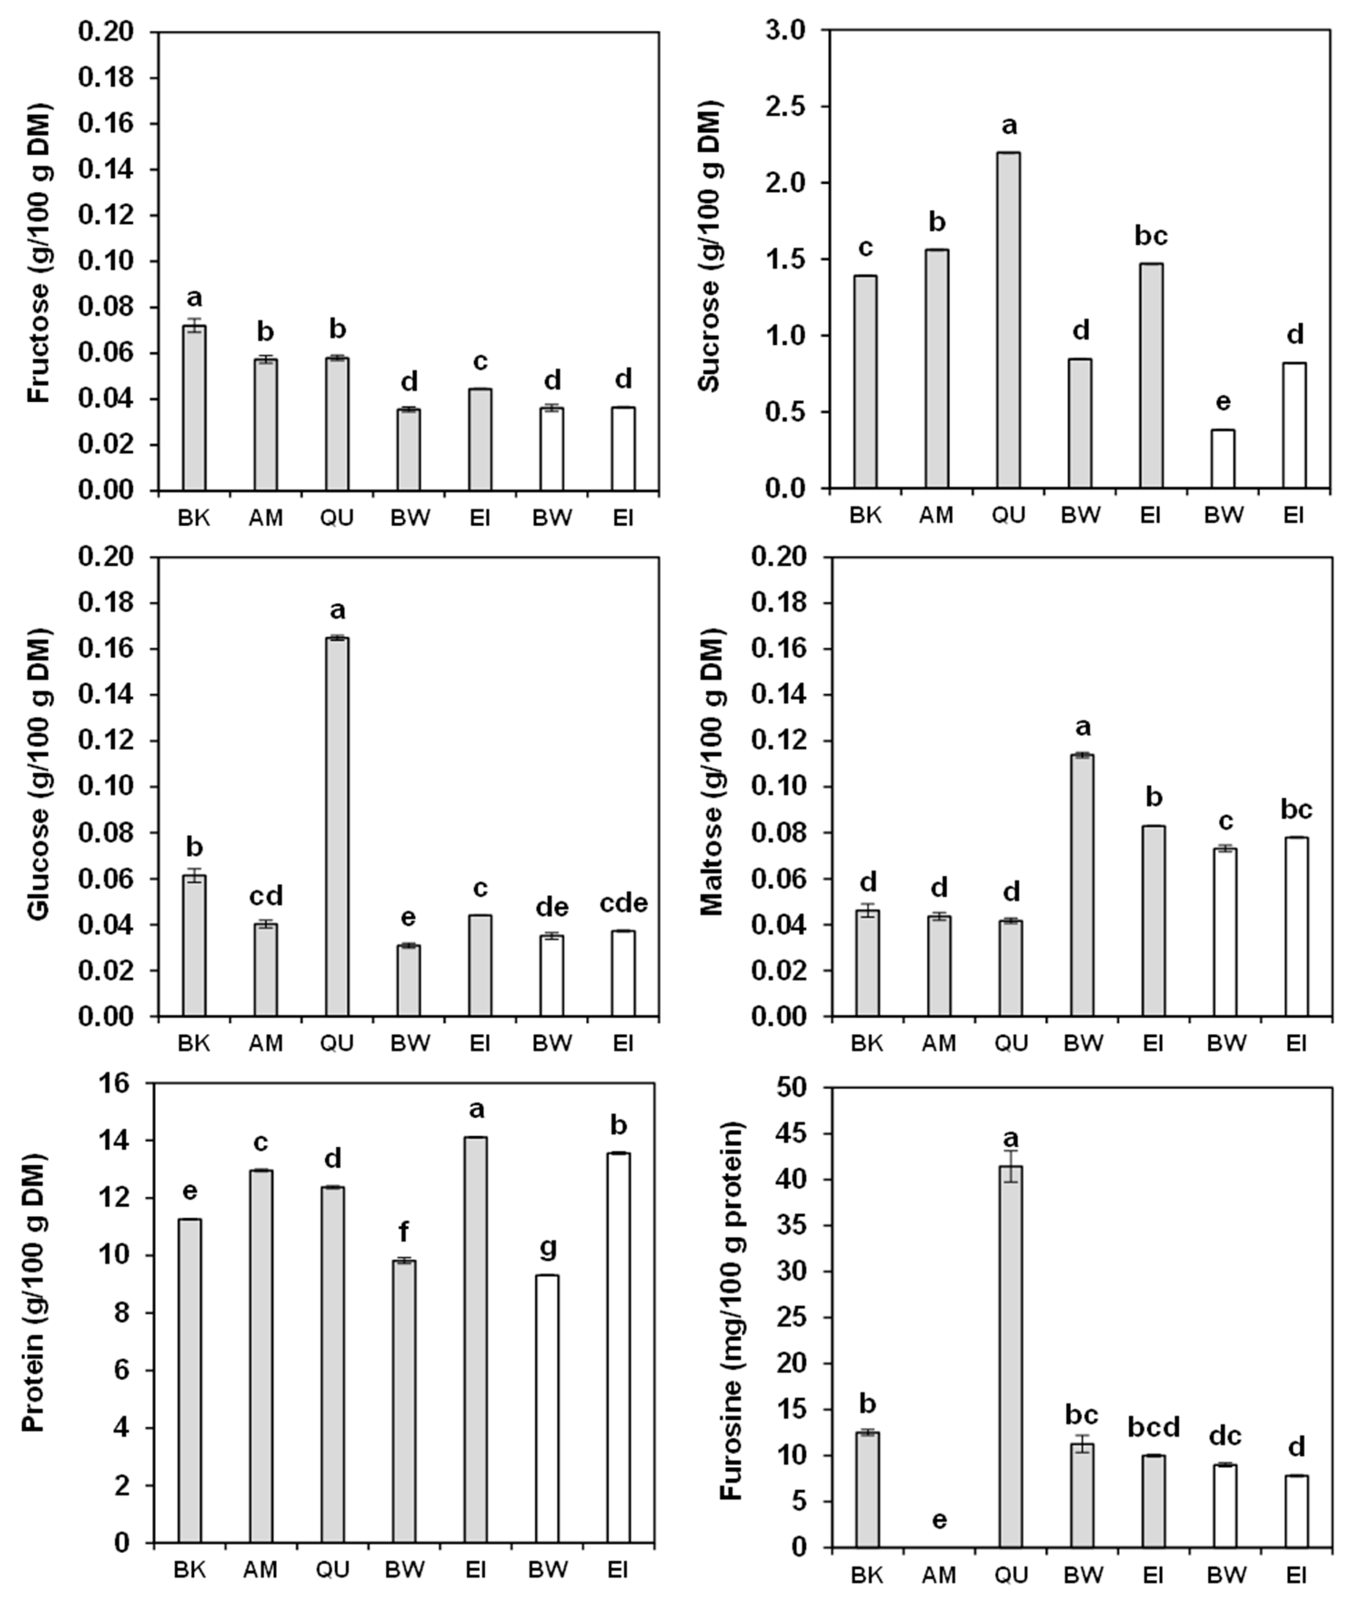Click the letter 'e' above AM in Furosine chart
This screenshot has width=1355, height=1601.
(x=939, y=1520)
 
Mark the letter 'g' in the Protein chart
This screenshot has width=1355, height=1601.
(x=548, y=1248)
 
